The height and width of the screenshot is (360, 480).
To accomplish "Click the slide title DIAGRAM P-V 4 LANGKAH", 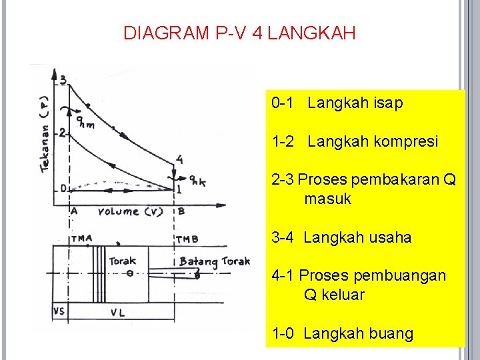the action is tap(239, 33).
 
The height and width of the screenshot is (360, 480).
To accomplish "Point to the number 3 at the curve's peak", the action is tap(63, 80).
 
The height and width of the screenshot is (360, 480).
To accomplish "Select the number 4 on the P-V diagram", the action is tap(179, 159).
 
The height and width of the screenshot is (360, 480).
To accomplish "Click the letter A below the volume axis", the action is tap(73, 211).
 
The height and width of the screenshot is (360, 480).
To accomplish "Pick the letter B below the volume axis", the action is tap(181, 211).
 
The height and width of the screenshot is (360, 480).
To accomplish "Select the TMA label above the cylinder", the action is tap(81, 239).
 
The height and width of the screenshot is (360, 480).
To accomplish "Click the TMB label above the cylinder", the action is tap(187, 239).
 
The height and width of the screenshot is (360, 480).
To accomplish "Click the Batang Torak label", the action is tap(214, 261).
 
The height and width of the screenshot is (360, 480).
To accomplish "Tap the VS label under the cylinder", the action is tap(59, 311).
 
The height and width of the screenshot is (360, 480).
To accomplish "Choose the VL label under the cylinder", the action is tap(118, 311).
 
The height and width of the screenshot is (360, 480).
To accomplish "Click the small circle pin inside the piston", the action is tap(130, 273).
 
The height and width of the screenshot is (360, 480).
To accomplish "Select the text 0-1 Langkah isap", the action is tap(337, 103).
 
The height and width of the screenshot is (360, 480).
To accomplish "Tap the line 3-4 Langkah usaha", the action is tap(341, 237).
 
